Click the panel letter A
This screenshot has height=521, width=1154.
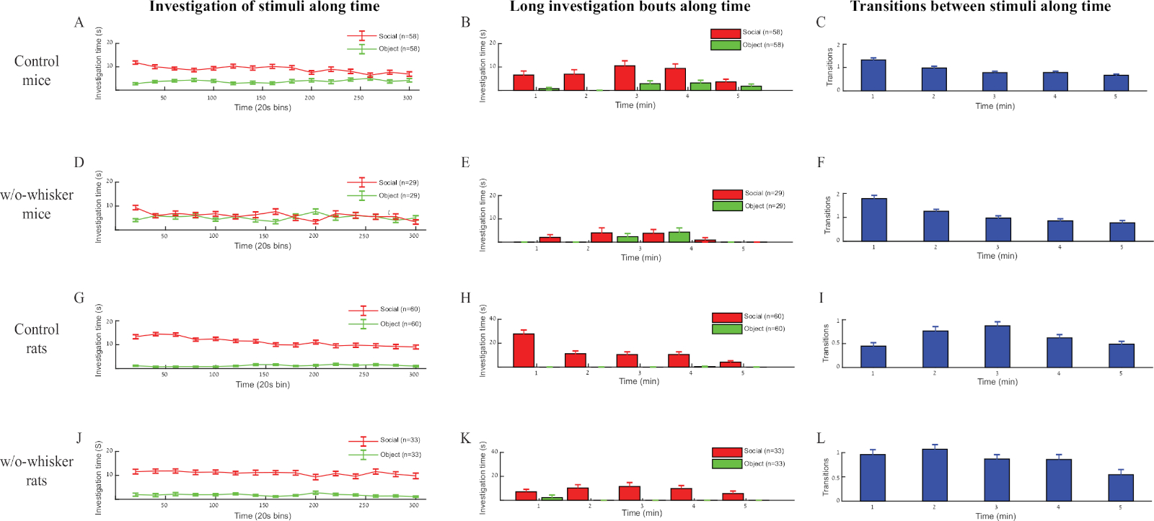click(x=79, y=22)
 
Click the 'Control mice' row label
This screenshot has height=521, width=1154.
click(x=37, y=71)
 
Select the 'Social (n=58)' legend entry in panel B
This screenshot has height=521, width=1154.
click(x=746, y=32)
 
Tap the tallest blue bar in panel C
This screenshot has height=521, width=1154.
click(x=873, y=75)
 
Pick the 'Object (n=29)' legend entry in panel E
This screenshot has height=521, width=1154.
click(x=749, y=206)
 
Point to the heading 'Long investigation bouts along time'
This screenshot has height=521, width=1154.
click(x=630, y=7)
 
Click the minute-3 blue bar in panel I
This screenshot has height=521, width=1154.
click(x=997, y=346)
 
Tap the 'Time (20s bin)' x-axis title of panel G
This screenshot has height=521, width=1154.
click(x=263, y=385)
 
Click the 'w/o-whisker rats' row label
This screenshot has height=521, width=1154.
click(x=37, y=471)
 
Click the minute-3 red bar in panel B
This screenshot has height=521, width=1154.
click(x=625, y=78)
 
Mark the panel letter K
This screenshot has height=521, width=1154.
click(x=465, y=438)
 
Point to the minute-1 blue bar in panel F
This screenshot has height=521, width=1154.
click(x=874, y=220)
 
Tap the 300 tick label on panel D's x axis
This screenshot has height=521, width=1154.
click(x=414, y=236)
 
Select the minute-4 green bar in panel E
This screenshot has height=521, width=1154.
click(x=679, y=237)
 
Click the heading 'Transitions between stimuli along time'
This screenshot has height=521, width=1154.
click(x=980, y=7)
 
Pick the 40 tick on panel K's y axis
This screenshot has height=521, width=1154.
click(x=494, y=452)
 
